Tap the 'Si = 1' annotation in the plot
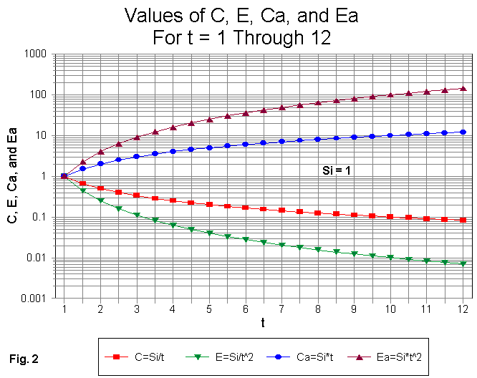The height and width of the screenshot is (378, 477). pyautogui.click(x=335, y=171)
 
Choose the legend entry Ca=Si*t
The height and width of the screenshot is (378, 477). pyautogui.click(x=294, y=356)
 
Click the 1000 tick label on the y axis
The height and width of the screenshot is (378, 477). pyautogui.click(x=34, y=54)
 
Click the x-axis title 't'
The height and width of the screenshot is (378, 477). pyautogui.click(x=263, y=323)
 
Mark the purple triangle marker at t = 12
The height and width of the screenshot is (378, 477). pyautogui.click(x=463, y=88)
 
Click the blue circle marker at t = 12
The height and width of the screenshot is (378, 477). pyautogui.click(x=463, y=132)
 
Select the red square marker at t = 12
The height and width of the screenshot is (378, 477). pyautogui.click(x=463, y=220)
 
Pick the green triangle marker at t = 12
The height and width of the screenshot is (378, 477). pyautogui.click(x=463, y=264)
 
